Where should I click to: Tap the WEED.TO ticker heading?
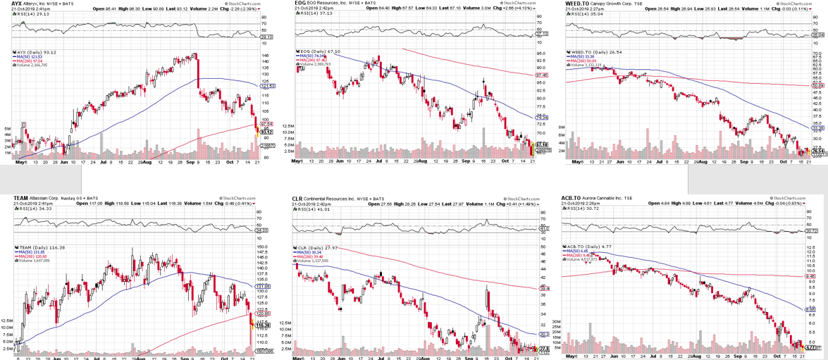pos(578,4)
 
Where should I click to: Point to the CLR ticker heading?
pos(297,199)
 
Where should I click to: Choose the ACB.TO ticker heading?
pos(571,199)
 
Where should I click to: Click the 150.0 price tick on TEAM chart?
pos(262,247)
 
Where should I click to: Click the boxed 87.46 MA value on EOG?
pos(542,75)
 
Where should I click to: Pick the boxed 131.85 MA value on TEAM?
pos(263,287)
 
